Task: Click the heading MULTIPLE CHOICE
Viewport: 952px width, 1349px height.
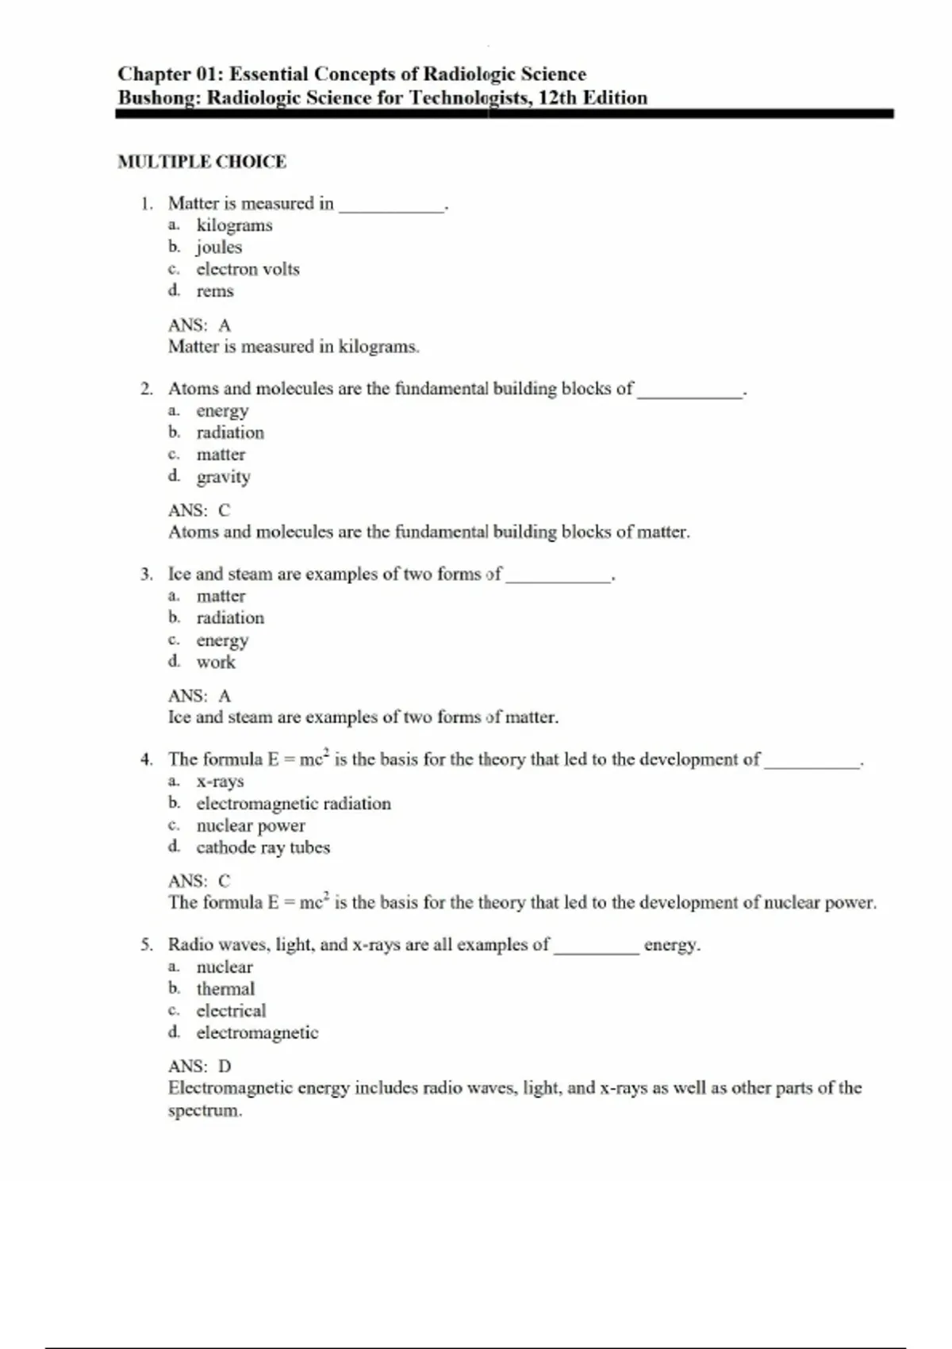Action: (202, 162)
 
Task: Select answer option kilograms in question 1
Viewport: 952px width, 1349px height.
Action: (234, 225)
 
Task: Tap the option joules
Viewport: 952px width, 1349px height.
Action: (219, 248)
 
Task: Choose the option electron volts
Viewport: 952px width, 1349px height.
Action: (248, 269)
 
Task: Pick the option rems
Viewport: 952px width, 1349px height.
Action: (215, 291)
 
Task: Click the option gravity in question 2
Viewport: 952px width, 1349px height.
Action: (223, 477)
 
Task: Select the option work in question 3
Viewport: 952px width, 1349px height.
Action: (216, 662)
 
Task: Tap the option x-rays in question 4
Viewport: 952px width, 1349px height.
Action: (220, 782)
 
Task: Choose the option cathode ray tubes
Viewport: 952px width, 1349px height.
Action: (263, 847)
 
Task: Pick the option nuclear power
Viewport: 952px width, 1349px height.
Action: (250, 826)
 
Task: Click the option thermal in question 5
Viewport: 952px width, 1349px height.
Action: (225, 989)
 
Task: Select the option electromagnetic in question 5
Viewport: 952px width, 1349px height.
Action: (257, 1032)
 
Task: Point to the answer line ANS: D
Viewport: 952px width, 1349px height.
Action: (199, 1067)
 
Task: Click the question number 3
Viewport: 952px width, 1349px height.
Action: (146, 575)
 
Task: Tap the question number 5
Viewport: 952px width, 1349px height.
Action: (146, 945)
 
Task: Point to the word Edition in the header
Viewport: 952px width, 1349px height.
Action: (615, 98)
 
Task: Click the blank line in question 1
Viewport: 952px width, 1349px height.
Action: (391, 208)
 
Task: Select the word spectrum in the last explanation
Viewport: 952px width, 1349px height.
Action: (204, 1111)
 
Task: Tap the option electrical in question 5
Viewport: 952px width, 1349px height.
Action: (231, 1011)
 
